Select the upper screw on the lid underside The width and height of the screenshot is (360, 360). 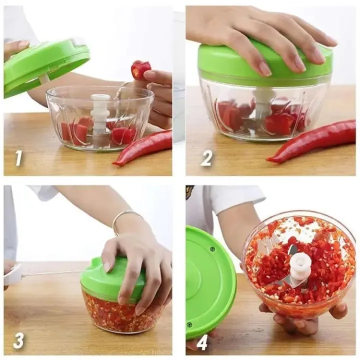[212, 248]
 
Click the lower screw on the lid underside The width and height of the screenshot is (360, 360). [189, 324]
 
